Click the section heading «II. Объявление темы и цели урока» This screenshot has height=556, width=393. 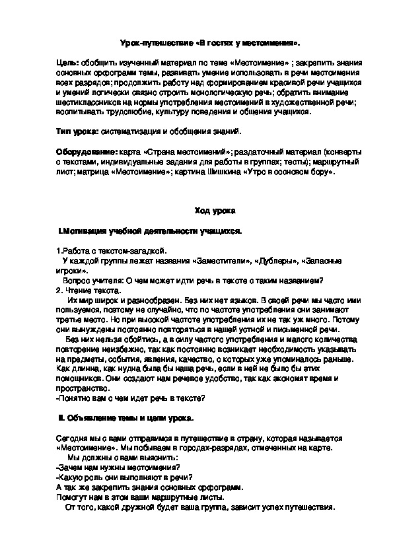coord(126,419)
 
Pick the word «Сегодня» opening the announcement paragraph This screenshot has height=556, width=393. coord(73,438)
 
